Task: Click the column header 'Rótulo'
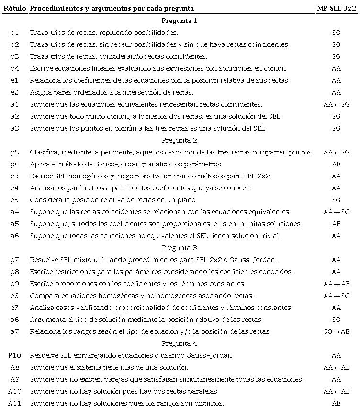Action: pyautogui.click(x=14, y=9)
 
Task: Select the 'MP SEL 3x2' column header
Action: pyautogui.click(x=337, y=9)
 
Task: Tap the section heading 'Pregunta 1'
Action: pyautogui.click(x=179, y=21)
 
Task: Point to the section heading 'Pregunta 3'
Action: pyautogui.click(x=179, y=248)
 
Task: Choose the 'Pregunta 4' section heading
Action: pyautogui.click(x=179, y=344)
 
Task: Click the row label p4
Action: pyautogui.click(x=14, y=68)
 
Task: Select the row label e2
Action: pyautogui.click(x=14, y=92)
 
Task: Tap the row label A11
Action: pyautogui.click(x=14, y=403)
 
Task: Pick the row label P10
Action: pyautogui.click(x=14, y=355)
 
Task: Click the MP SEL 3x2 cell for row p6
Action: pyautogui.click(x=336, y=164)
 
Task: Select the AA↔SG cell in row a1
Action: pyautogui.click(x=336, y=104)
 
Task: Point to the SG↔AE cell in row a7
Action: pyautogui.click(x=336, y=331)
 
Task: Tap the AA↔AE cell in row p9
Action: pyautogui.click(x=336, y=284)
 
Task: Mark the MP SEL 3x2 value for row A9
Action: pyautogui.click(x=336, y=379)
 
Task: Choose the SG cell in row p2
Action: pyautogui.click(x=336, y=44)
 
